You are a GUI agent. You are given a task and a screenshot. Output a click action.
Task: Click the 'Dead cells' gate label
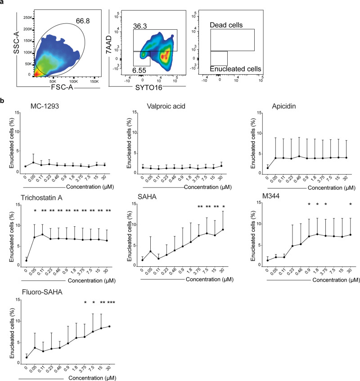225,25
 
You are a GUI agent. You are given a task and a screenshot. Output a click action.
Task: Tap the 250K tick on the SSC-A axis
27,18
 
